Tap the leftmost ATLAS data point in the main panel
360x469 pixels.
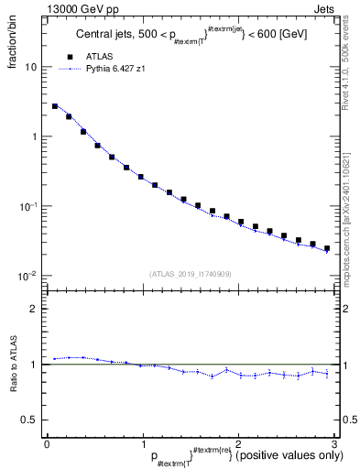(55, 106)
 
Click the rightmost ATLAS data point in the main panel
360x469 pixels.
(327, 248)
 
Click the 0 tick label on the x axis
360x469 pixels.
(47, 442)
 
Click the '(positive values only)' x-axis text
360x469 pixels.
(284, 454)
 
